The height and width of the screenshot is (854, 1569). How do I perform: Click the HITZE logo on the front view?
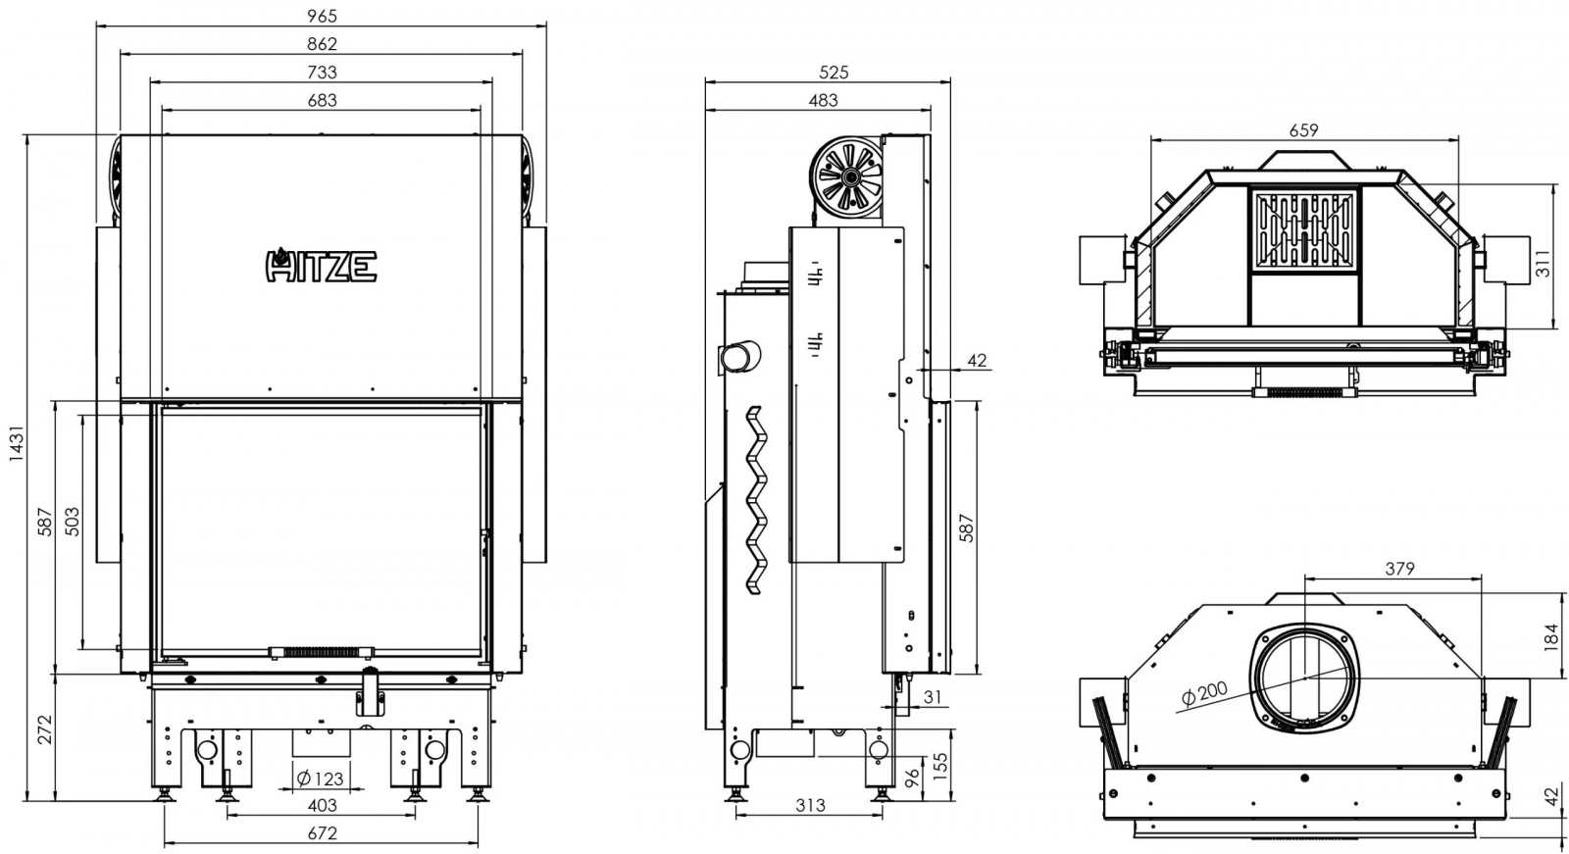tap(322, 266)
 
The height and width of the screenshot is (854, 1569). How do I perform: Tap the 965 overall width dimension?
tap(322, 15)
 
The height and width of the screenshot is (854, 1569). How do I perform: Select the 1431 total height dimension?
tap(16, 443)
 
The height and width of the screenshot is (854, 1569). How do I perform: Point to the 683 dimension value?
tap(323, 100)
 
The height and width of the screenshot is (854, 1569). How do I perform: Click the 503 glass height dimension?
tap(72, 522)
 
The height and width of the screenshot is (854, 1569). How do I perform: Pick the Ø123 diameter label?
tap(320, 779)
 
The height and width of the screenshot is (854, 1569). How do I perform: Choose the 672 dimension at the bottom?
tap(323, 833)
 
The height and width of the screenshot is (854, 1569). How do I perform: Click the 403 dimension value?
tap(323, 805)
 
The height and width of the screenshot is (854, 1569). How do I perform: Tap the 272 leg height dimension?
tap(44, 729)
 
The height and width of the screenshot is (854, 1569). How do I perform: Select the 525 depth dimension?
tap(834, 73)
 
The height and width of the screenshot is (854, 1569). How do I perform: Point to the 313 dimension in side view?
tap(810, 805)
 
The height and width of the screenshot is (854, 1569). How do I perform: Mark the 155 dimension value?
tap(940, 767)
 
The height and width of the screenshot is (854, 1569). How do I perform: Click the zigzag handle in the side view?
tap(756, 500)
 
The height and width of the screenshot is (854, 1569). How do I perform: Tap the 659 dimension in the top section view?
tap(1303, 130)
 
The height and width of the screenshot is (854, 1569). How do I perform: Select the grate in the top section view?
tap(1304, 228)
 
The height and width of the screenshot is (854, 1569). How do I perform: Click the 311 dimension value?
tap(1544, 263)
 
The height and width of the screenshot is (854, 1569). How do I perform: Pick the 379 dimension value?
tap(1399, 569)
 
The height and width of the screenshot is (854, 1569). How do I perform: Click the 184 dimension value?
tap(1552, 637)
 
